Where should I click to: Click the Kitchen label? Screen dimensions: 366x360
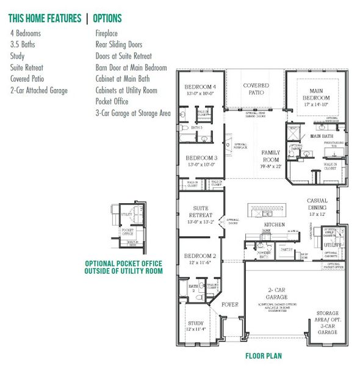tap(275, 225)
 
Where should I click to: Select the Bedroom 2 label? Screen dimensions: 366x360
tap(200, 259)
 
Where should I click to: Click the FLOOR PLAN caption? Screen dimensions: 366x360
tap(264, 356)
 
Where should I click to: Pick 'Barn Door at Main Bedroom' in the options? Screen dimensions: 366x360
tap(131, 68)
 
